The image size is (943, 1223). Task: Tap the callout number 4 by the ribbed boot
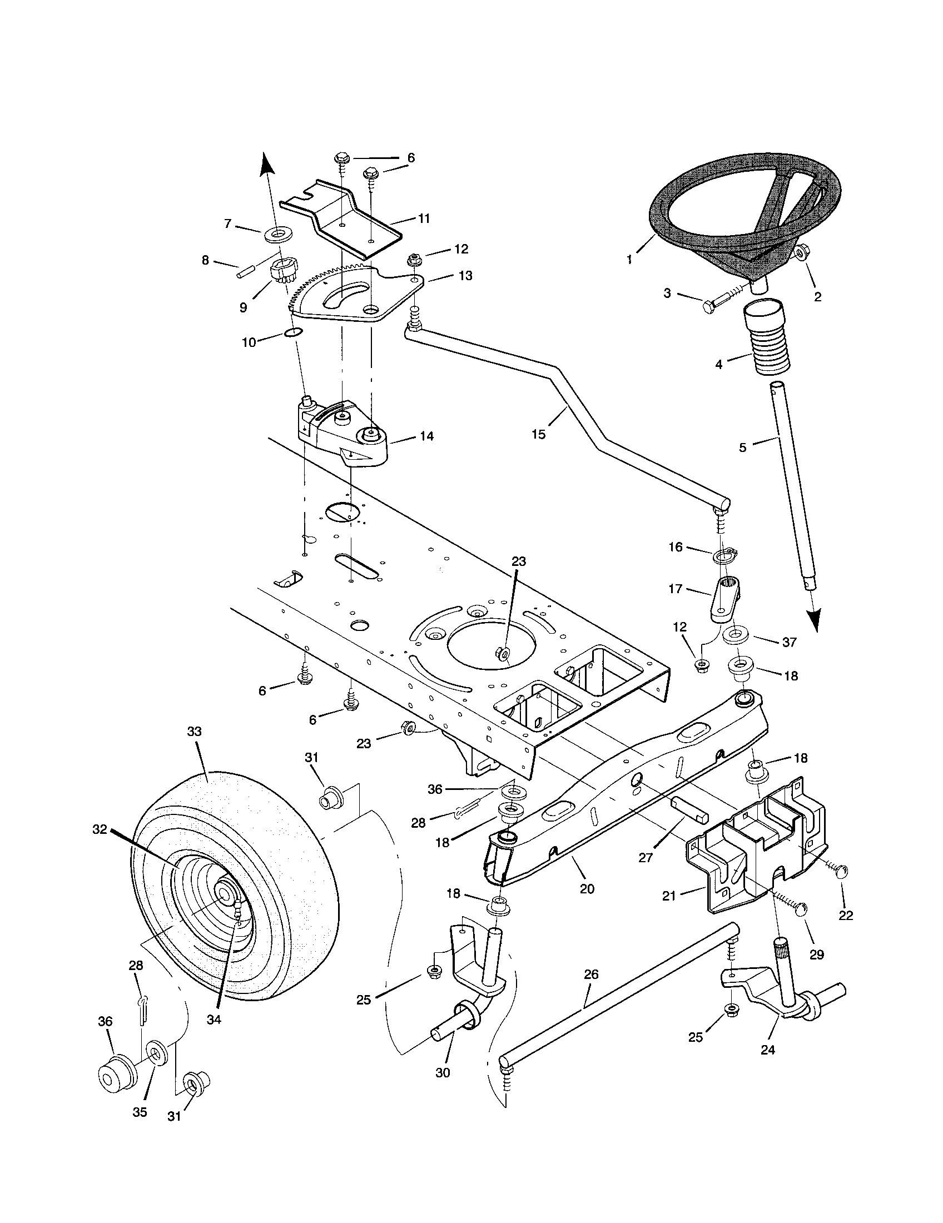click(719, 365)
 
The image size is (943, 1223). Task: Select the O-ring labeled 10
click(292, 332)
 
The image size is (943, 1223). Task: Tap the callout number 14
click(426, 435)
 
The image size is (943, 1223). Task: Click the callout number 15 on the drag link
click(538, 434)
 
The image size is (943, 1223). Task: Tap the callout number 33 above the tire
click(193, 731)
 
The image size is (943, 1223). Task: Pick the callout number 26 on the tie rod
click(592, 974)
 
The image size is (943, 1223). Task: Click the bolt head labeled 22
click(843, 872)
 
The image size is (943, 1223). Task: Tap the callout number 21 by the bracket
click(669, 896)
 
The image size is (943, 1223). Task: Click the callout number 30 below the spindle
click(443, 1072)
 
